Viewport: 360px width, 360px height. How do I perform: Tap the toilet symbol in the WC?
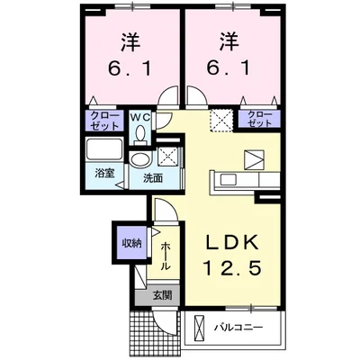coord(141,133)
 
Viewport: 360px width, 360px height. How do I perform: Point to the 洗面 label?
coord(153,178)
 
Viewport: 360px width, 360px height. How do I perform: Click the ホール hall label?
coord(166,254)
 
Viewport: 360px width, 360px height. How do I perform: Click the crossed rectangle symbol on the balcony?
coord(200,326)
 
